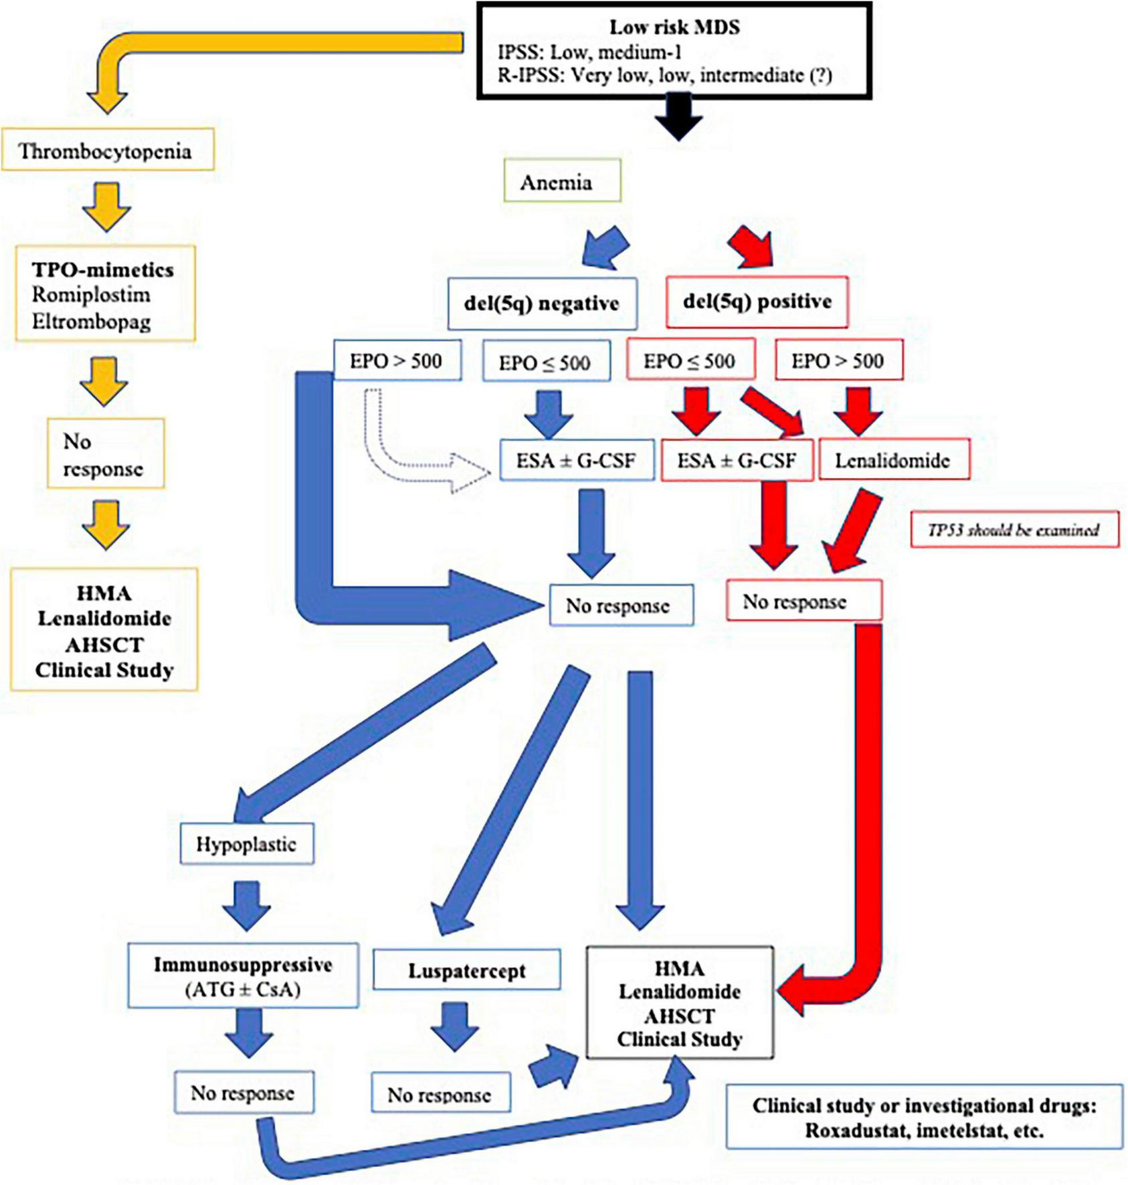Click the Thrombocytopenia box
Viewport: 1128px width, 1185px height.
click(107, 150)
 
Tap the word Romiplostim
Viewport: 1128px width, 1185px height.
click(91, 295)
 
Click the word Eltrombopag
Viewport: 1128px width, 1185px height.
click(91, 322)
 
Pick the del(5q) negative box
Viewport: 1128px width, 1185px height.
click(541, 304)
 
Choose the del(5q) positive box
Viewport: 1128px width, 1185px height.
click(757, 302)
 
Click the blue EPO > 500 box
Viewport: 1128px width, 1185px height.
click(397, 361)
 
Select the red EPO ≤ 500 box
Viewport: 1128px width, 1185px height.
click(690, 361)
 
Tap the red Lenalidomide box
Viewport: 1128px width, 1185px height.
click(893, 460)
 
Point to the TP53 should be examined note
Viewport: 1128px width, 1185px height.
click(1013, 530)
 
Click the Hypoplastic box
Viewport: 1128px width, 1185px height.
click(246, 844)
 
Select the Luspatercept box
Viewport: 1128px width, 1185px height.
click(466, 971)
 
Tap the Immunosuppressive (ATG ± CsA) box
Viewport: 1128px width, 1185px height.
click(243, 976)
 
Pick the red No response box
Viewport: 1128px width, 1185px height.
click(803, 601)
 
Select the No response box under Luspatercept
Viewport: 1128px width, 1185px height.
click(440, 1094)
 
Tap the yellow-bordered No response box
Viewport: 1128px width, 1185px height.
click(105, 454)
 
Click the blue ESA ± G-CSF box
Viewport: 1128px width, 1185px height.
click(576, 460)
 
